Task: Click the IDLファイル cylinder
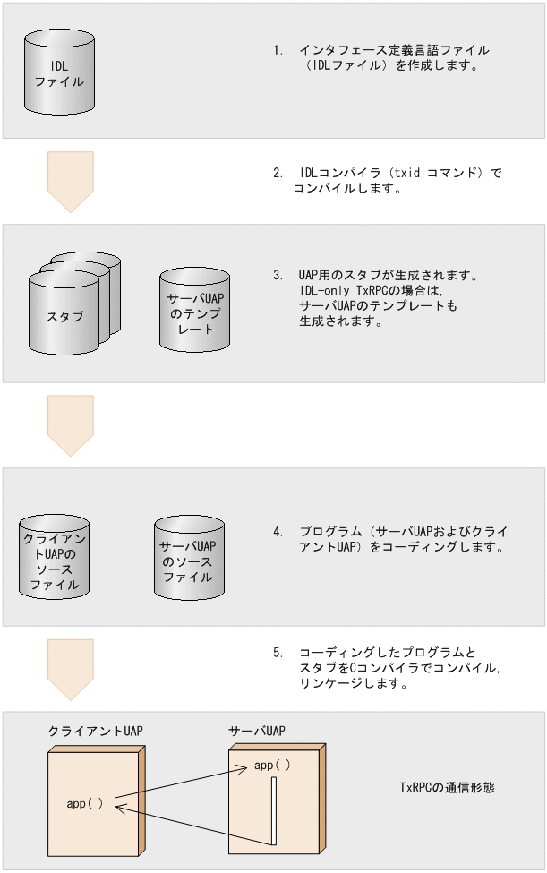[59, 73]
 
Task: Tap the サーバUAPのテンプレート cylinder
[193, 310]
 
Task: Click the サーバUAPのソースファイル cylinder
[188, 558]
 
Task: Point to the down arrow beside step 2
[70, 181]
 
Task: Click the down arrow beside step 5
[70, 668]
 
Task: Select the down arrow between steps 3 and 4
[70, 425]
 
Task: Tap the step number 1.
[278, 51]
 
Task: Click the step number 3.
[278, 275]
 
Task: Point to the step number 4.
[278, 532]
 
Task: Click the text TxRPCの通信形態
[447, 788]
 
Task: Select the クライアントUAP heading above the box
[95, 731]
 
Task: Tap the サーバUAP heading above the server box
[257, 731]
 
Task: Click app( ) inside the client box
[85, 803]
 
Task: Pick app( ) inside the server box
[272, 766]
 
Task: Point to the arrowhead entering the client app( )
[120, 808]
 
